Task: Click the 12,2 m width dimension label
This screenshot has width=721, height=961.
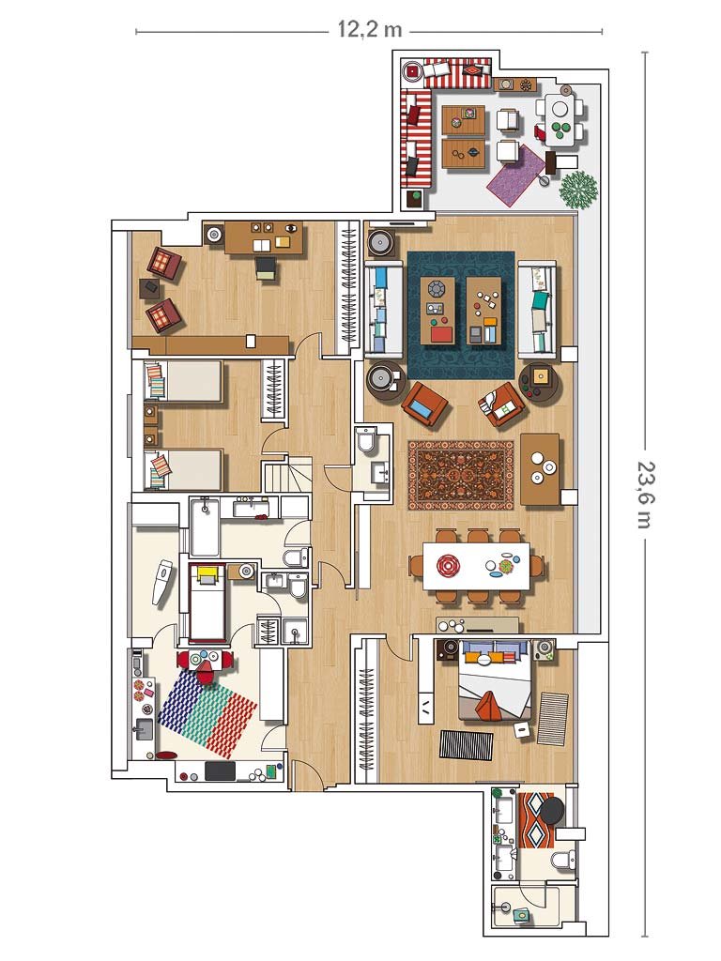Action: (x=370, y=29)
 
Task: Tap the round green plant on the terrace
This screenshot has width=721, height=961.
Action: (x=578, y=190)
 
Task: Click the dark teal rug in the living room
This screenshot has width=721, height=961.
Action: (x=460, y=315)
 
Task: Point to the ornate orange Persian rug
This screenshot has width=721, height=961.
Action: (x=461, y=476)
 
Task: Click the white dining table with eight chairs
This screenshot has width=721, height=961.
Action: (x=476, y=566)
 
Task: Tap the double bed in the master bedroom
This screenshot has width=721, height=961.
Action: (x=494, y=680)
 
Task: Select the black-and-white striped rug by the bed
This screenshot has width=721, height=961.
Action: (x=467, y=744)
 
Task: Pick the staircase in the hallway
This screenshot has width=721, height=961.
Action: (x=288, y=476)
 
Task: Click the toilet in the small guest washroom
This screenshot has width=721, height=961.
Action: (x=367, y=439)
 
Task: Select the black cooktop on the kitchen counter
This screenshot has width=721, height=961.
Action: (x=220, y=770)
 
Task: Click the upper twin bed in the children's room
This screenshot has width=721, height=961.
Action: (x=184, y=381)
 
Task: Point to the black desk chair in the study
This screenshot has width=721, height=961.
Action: (x=267, y=267)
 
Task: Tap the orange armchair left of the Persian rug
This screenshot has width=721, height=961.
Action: (x=425, y=404)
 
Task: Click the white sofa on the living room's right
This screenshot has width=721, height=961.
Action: (x=537, y=310)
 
